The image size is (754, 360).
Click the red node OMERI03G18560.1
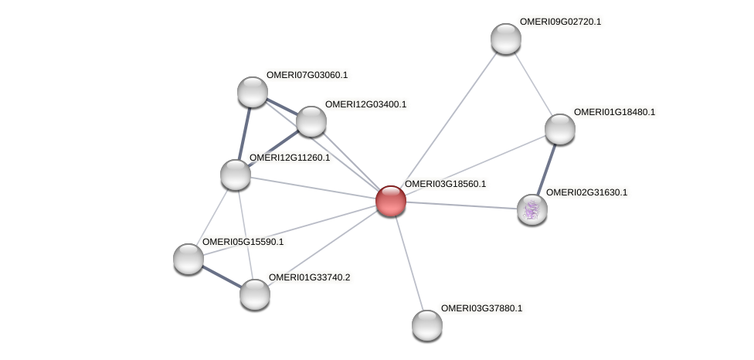tap(390, 201)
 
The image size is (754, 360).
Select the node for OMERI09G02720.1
tap(506, 39)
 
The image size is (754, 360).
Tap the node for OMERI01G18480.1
tap(559, 129)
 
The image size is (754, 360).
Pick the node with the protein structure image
tap(532, 209)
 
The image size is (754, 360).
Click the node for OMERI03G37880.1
tap(426, 324)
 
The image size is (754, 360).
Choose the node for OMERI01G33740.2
tap(255, 294)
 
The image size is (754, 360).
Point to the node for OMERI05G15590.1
tap(188, 258)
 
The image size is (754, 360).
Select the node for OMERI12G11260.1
tap(236, 174)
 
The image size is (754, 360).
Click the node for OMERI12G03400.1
tap(311, 121)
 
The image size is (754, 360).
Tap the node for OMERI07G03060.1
tap(253, 92)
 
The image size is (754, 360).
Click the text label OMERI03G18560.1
tap(445, 184)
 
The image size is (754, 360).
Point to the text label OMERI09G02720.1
tap(560, 22)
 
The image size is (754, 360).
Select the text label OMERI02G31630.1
tap(586, 192)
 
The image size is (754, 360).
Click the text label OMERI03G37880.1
tap(481, 308)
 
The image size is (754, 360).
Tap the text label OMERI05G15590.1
tap(243, 242)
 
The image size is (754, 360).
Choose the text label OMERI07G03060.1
tap(307, 75)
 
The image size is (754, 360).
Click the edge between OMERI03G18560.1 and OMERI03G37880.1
tap(409, 263)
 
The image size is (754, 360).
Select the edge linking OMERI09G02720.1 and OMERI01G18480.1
tap(533, 84)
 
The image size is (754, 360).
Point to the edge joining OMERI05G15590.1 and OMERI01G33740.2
tap(222, 276)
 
